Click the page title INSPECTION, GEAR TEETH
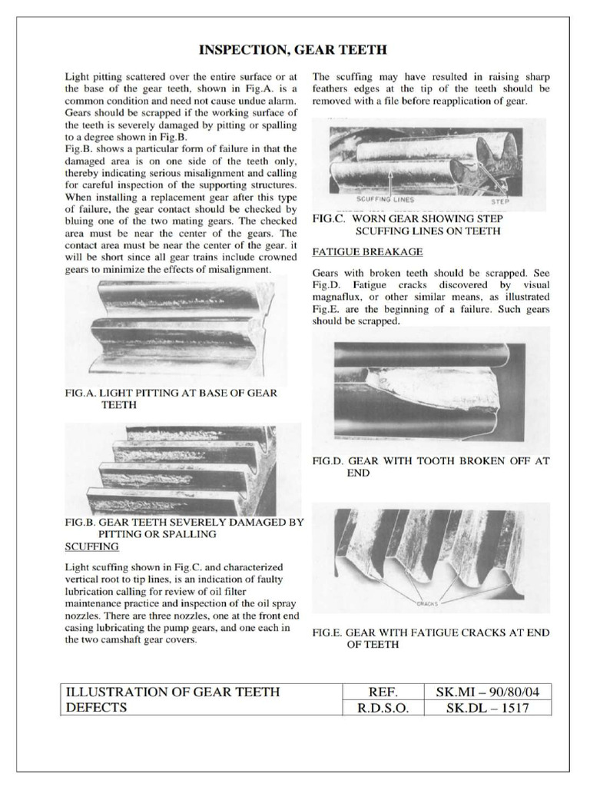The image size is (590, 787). click(293, 51)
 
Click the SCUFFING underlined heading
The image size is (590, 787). click(91, 546)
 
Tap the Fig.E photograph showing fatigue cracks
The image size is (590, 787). click(431, 556)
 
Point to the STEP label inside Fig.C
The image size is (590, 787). click(500, 201)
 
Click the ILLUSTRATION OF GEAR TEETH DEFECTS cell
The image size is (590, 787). click(173, 699)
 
